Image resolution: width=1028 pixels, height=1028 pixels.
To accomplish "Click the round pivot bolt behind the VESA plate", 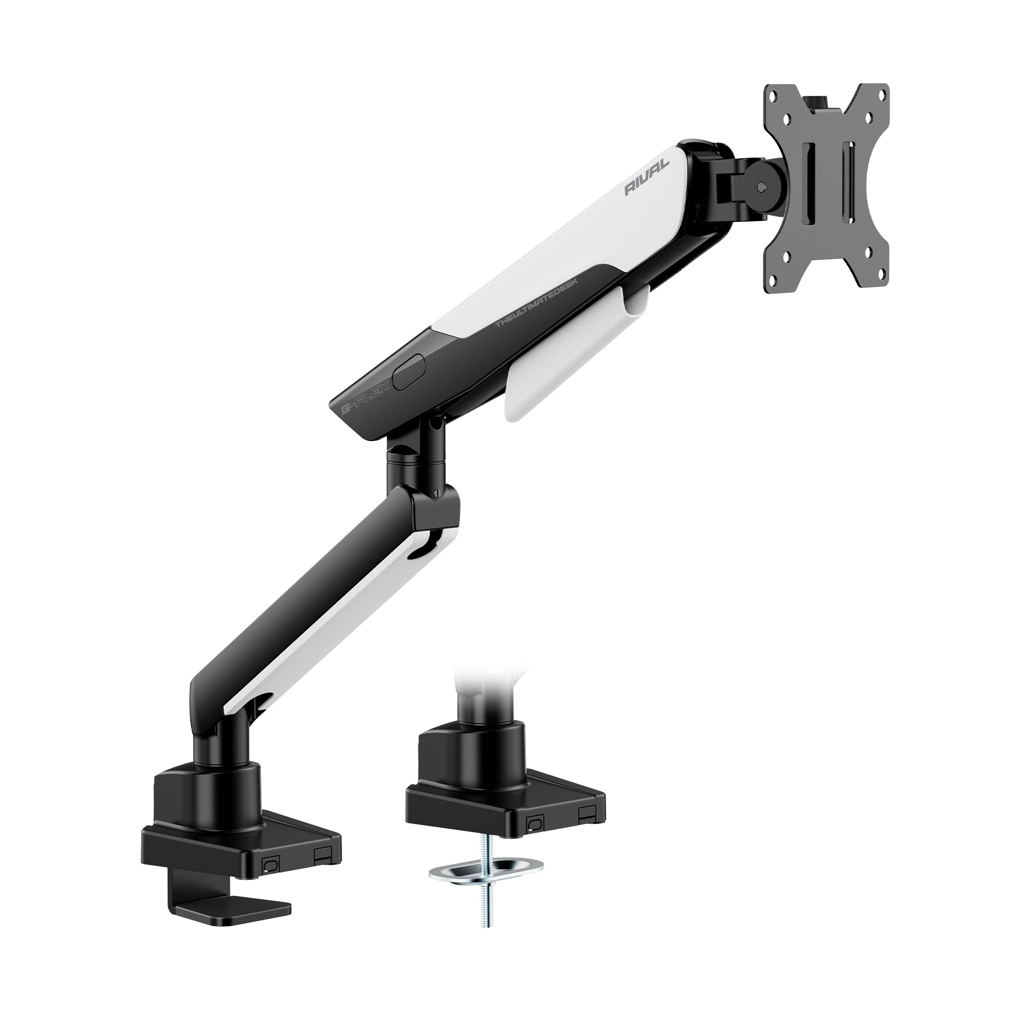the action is [763, 187].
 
